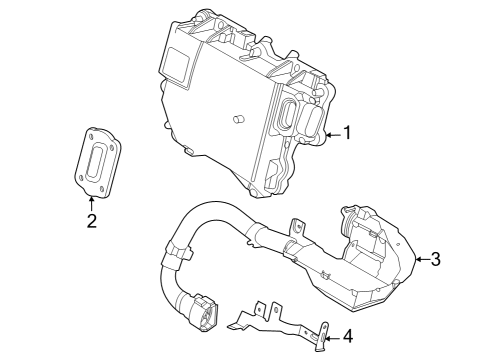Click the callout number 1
click(347, 132)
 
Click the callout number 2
click(91, 220)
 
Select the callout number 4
click(347, 337)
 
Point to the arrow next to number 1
click(332, 132)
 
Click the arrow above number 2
click(91, 201)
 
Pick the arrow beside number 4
click(331, 337)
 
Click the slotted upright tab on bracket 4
click(323, 339)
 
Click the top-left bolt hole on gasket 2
click(91, 133)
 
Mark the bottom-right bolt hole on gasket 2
click(107, 186)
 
